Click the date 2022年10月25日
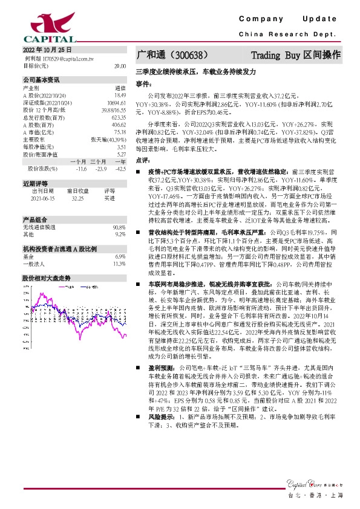click(47, 50)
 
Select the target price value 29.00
click(120, 65)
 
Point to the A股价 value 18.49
click(120, 95)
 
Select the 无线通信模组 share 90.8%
click(120, 227)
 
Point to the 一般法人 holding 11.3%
click(120, 264)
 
